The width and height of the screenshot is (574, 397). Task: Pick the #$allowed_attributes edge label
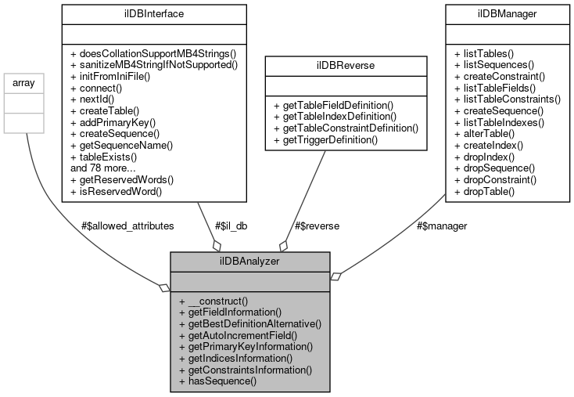point(127,225)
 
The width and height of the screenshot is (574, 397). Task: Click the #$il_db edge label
point(234,225)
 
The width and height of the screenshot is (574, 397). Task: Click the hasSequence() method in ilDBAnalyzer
point(218,381)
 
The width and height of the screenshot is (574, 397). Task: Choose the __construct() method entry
point(213,301)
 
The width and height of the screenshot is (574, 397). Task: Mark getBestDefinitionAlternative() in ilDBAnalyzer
point(250,323)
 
